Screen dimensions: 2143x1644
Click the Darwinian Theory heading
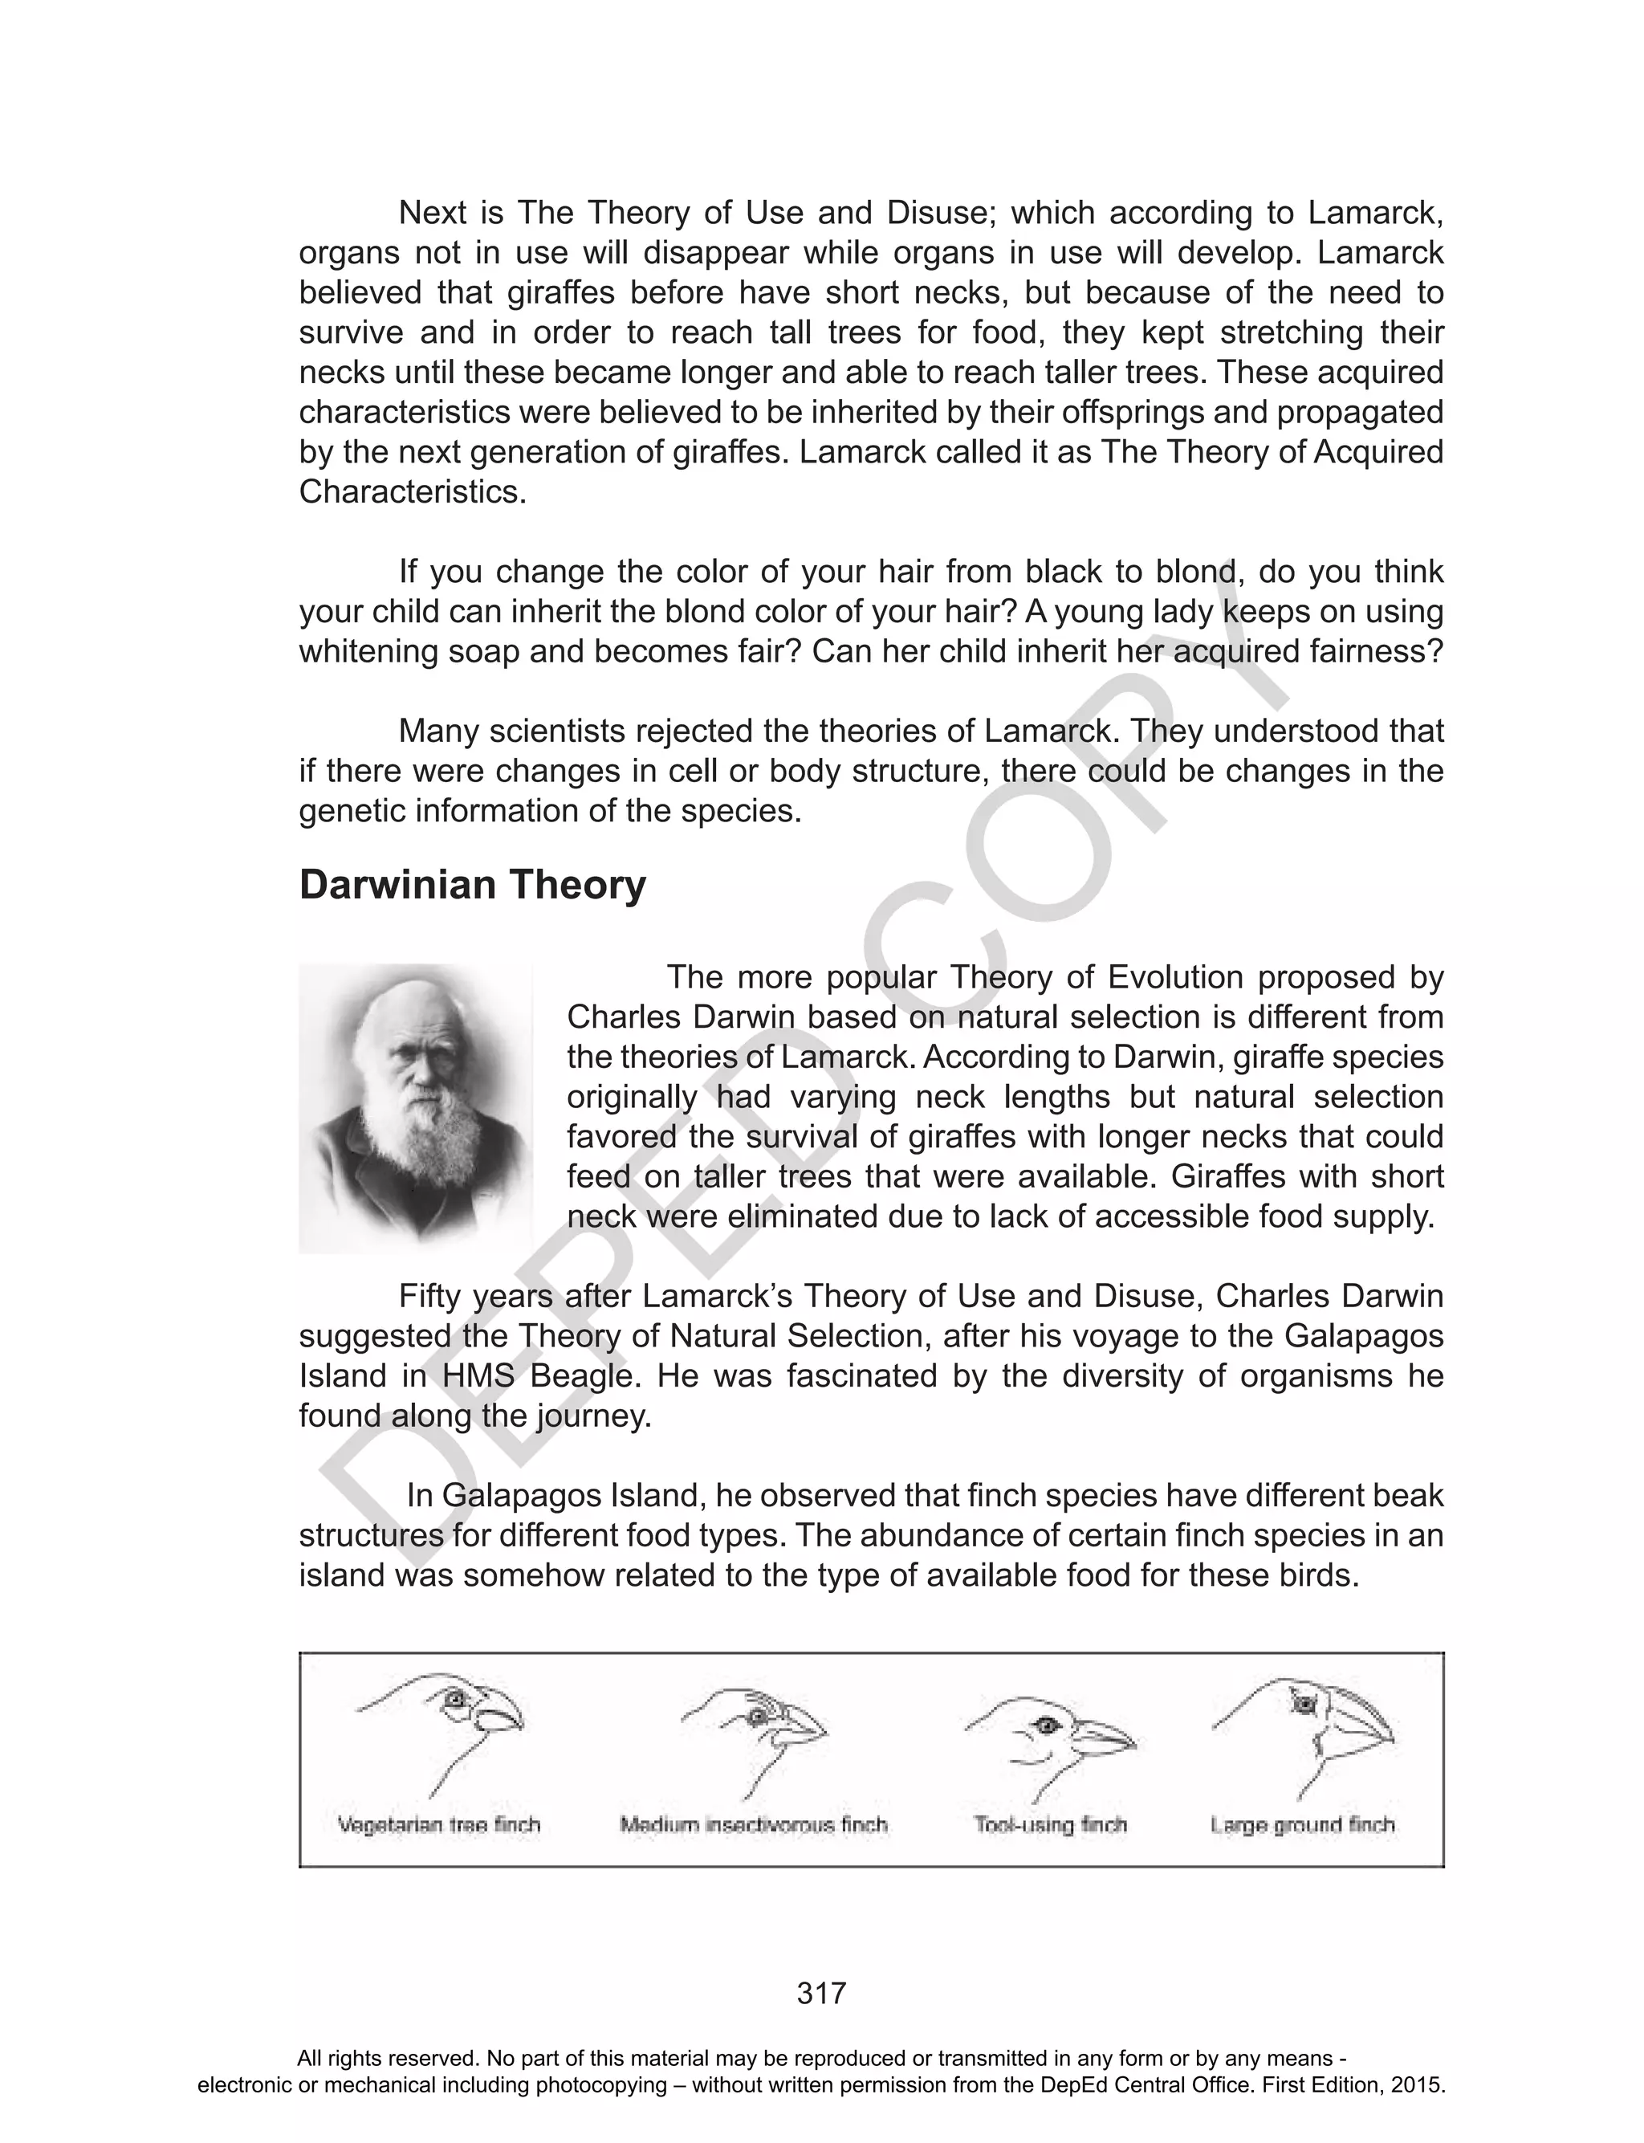(473, 885)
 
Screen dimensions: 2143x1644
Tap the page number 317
(821, 1992)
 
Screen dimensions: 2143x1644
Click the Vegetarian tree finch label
(438, 1825)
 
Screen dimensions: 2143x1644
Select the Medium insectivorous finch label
(754, 1825)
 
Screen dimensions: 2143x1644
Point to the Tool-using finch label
(1050, 1825)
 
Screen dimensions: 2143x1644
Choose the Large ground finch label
(1301, 1825)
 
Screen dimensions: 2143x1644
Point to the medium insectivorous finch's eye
(756, 1717)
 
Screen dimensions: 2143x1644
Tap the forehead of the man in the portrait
(411, 1017)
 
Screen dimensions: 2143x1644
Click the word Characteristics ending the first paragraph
(411, 491)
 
